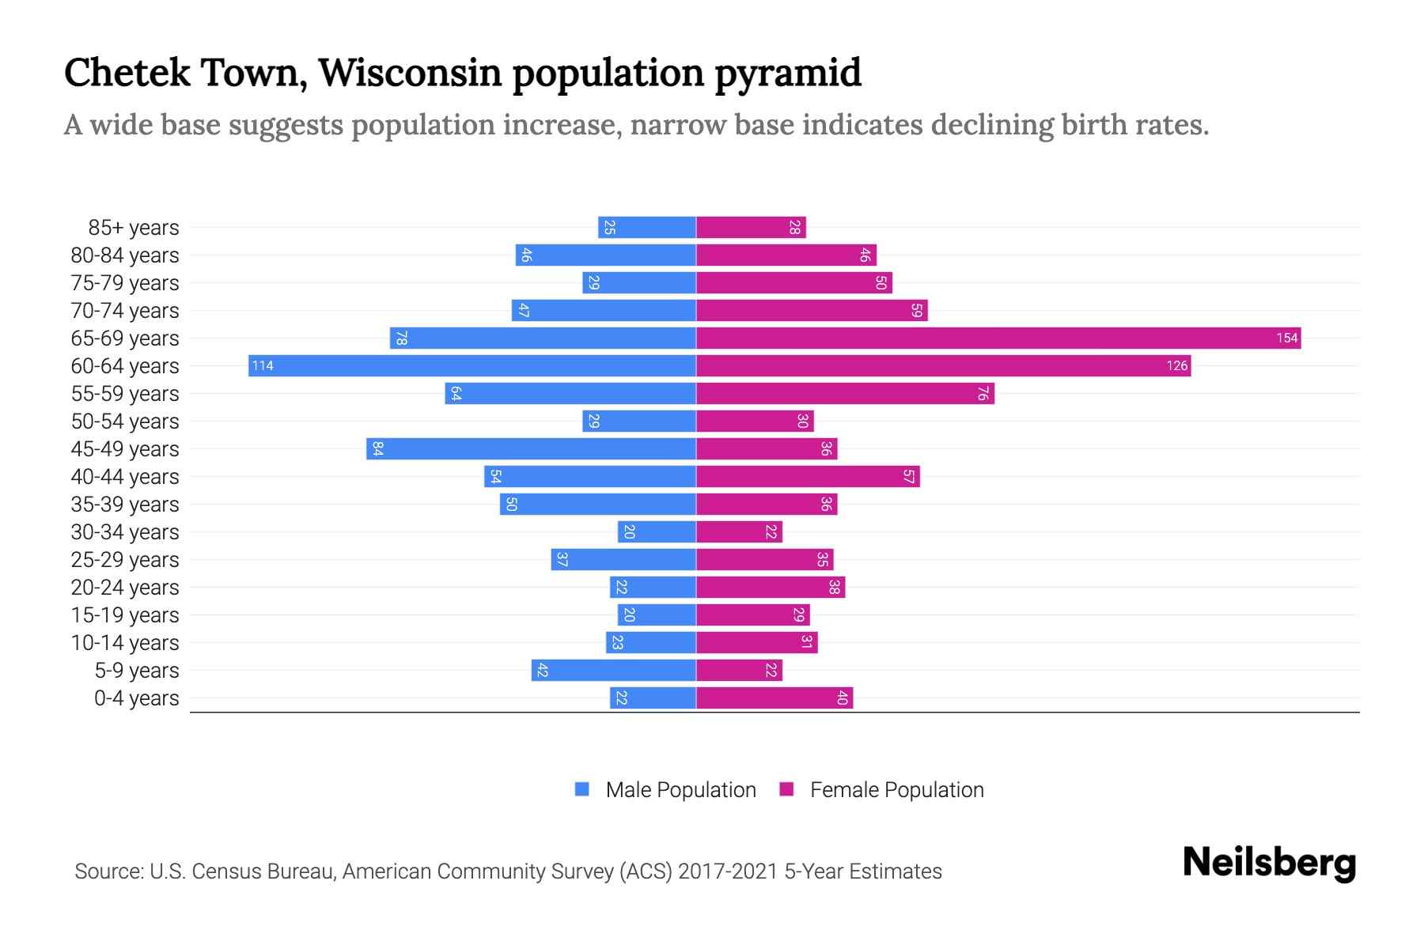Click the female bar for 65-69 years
coord(998,338)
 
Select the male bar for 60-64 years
coord(472,365)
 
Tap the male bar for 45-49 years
coord(531,448)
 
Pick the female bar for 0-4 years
coord(774,698)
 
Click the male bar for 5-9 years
coord(613,670)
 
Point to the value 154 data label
coord(1286,338)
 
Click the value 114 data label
coord(263,366)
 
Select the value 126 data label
coord(1176,366)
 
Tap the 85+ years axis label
coord(134,228)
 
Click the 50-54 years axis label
coord(125,422)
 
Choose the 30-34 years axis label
coord(125,532)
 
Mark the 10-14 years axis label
coord(125,643)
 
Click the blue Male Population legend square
coord(582,789)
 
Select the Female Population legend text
coord(896,790)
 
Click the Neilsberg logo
coord(1269,863)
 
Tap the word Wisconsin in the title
coord(410,73)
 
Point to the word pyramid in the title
coord(787,73)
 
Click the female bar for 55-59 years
coord(845,393)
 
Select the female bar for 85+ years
coord(751,227)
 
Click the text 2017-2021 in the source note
coord(728,871)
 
